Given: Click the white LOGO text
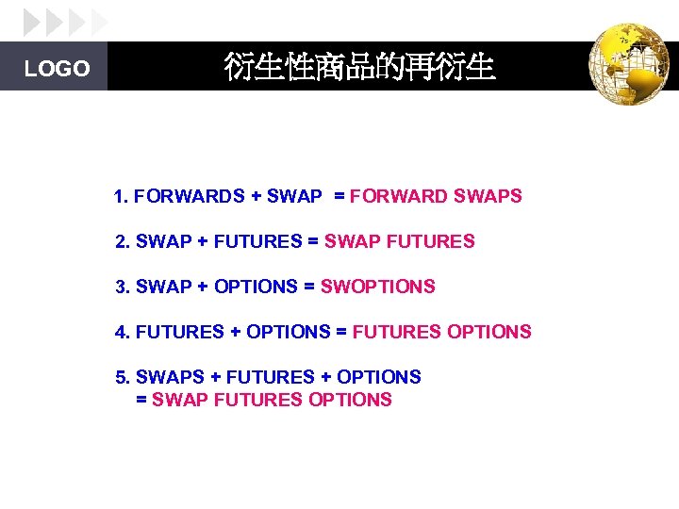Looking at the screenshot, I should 57,69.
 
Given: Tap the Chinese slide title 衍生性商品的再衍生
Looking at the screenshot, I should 359,67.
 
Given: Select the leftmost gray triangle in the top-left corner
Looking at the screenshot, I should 32,21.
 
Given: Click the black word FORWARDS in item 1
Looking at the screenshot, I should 190,197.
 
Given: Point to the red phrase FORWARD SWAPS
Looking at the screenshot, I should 436,197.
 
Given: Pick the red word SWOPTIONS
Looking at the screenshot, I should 378,287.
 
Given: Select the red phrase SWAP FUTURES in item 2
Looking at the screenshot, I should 400,242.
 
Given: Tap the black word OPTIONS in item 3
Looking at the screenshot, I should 256,287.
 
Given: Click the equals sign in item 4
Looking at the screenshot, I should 341,332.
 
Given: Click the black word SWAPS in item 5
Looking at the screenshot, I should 170,377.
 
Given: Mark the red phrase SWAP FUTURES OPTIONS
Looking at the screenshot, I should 272,400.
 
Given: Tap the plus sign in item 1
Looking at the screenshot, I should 256,197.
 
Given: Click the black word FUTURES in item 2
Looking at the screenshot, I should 257,242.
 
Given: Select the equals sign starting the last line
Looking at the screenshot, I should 141,400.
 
